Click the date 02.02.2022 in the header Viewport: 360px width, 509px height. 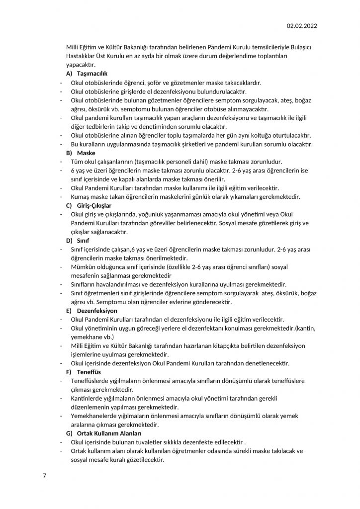302,26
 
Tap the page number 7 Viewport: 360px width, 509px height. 45,476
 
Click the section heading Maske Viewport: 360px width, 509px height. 87,153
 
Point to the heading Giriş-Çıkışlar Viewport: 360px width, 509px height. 94,205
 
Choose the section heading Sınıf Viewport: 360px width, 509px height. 84,241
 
